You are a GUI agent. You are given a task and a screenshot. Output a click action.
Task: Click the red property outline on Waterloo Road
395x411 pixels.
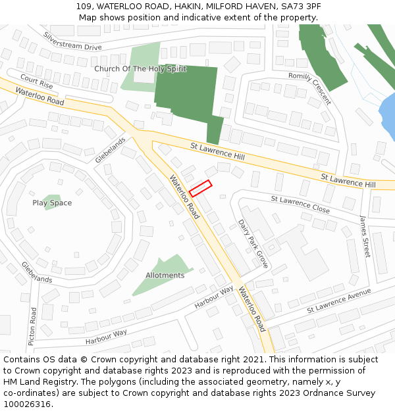click(200, 188)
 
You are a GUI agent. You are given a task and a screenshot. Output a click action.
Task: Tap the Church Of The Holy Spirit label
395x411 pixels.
click(140, 69)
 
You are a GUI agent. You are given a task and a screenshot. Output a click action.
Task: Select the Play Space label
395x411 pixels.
click(52, 203)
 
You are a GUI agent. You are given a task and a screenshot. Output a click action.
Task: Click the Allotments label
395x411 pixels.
click(165, 276)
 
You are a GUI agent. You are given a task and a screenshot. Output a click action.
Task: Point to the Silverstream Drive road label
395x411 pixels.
click(72, 41)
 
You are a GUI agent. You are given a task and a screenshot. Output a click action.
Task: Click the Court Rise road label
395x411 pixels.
click(36, 82)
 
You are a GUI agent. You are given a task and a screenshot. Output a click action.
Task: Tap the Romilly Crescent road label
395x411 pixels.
click(309, 88)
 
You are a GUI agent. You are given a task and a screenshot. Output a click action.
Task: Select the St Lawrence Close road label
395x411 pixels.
click(300, 203)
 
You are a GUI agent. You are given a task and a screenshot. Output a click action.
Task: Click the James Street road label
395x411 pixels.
click(365, 237)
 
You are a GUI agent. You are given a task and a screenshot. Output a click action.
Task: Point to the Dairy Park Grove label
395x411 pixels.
click(253, 243)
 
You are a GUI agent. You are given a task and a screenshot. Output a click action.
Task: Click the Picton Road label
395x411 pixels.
click(32, 326)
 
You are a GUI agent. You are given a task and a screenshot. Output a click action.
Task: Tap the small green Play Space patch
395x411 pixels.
click(51, 199)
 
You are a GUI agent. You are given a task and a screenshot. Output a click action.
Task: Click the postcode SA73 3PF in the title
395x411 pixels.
click(300, 6)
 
